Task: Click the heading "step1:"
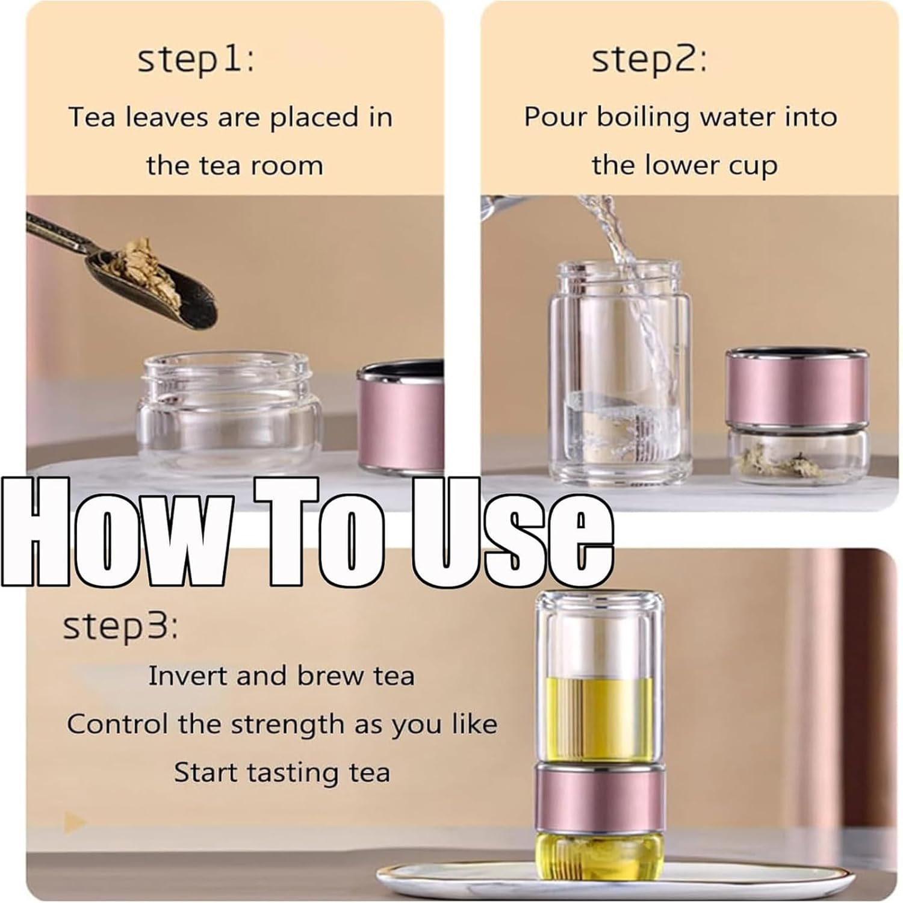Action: coord(196,60)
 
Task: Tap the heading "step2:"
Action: coord(649,60)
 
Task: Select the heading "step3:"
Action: coord(120,627)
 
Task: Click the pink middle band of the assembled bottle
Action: coord(599,798)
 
